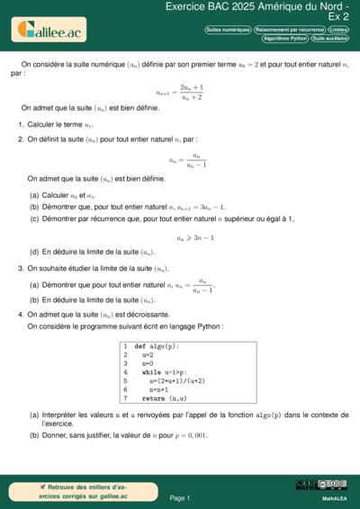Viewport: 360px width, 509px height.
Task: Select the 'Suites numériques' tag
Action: coord(228,30)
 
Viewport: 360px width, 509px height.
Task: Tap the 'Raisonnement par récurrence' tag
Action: coord(289,30)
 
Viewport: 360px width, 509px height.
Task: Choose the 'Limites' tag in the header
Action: coord(338,30)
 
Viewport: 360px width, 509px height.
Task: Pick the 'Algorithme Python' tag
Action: coord(284,39)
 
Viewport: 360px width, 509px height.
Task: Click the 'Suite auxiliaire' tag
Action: coord(330,39)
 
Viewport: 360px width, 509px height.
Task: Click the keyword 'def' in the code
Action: coord(139,346)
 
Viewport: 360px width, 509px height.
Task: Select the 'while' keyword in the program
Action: coord(151,372)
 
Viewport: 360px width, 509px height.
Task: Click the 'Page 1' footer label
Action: coord(179,497)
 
